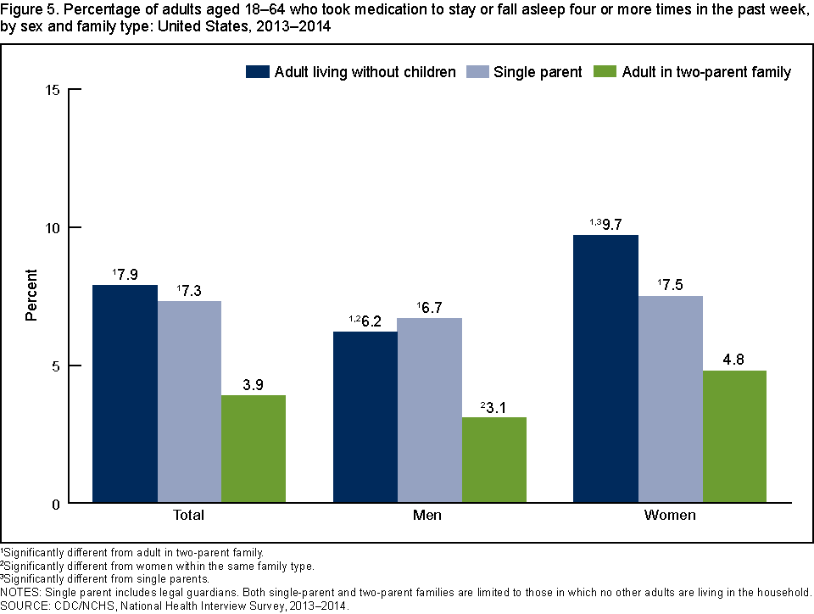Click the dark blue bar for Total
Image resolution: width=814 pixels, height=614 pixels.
(125, 394)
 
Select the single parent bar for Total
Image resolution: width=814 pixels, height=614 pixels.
(189, 402)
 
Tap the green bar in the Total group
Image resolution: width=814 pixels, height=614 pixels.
(254, 449)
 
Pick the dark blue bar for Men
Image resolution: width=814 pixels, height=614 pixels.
(365, 417)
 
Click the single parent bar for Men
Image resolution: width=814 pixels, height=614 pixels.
(429, 410)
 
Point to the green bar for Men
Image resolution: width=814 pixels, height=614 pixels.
(493, 460)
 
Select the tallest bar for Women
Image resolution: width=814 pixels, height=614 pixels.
(605, 369)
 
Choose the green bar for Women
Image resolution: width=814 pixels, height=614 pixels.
(734, 437)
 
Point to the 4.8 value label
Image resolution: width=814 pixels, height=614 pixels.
(734, 360)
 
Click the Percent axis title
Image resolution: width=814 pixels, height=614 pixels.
(31, 295)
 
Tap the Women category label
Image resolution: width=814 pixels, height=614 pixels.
(670, 515)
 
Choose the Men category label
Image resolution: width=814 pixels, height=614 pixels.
(429, 515)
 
